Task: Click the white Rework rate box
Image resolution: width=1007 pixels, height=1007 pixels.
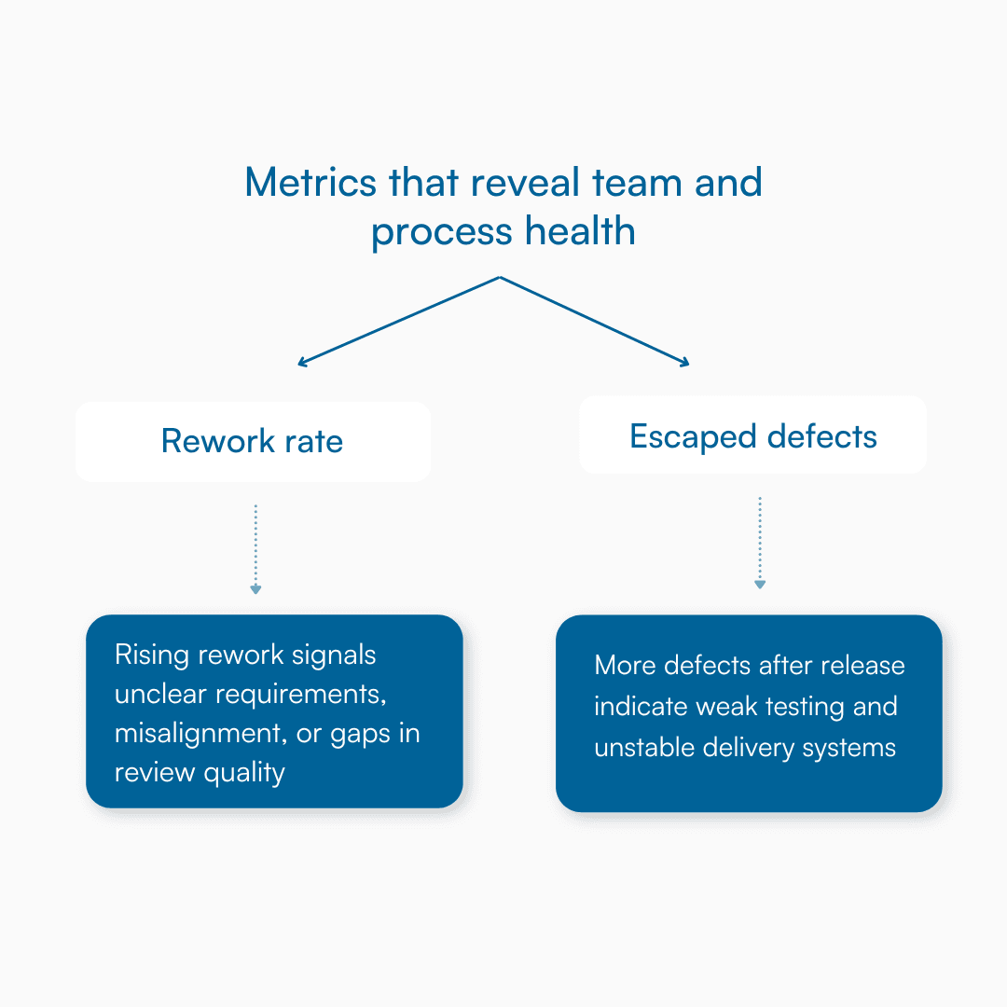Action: point(253,441)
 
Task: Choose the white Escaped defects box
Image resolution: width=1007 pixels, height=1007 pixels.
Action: point(752,435)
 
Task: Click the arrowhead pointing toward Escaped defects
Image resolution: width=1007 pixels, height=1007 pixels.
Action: point(683,362)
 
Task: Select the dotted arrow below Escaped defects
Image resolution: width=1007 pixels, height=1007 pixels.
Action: point(760,543)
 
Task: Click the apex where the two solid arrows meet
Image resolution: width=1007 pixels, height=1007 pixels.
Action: point(501,277)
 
